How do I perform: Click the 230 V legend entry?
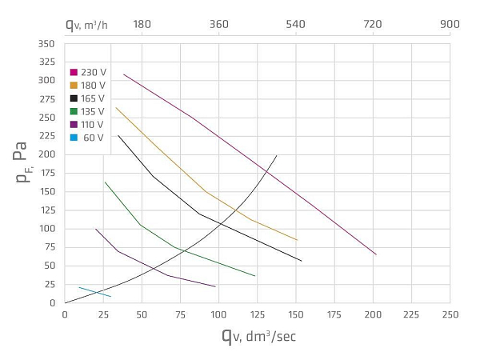tap(87, 72)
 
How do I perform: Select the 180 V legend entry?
tap(87, 85)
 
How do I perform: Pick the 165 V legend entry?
tap(87, 98)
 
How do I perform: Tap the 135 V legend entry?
tap(87, 111)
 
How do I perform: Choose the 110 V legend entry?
tap(87, 124)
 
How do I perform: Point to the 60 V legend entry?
tap(87, 137)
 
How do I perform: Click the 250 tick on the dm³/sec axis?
tap(450, 314)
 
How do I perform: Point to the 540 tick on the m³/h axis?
tap(296, 24)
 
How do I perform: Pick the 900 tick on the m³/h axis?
tap(450, 24)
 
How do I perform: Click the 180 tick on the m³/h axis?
tap(142, 24)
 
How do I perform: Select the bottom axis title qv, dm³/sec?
tap(258, 335)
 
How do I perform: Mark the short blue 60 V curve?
tap(94, 292)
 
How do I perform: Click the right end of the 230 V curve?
tap(376, 254)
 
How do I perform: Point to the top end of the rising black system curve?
tap(277, 155)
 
